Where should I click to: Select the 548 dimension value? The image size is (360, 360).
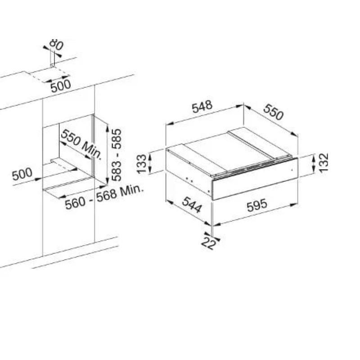pos(202,107)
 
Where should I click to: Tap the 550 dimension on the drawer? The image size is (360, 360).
pos(273,112)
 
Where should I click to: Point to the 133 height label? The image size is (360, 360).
pos(142,164)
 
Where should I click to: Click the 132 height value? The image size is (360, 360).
pos(324,162)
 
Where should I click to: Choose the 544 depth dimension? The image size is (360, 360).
pos(192,205)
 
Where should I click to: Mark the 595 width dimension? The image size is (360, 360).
pos(257,205)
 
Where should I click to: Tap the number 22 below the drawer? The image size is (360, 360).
pos(208,243)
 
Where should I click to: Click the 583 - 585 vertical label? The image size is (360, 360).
pos(117,155)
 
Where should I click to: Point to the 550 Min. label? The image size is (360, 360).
pos(81,144)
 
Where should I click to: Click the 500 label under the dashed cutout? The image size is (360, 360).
pos(61,86)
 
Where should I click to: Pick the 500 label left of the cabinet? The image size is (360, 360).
pos(22,174)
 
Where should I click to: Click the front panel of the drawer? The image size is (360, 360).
pos(255,179)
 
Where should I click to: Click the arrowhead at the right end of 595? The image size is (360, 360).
pos(294,205)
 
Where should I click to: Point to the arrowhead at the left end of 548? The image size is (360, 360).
pos(170,123)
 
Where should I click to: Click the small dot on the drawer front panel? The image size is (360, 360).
pos(292,170)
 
